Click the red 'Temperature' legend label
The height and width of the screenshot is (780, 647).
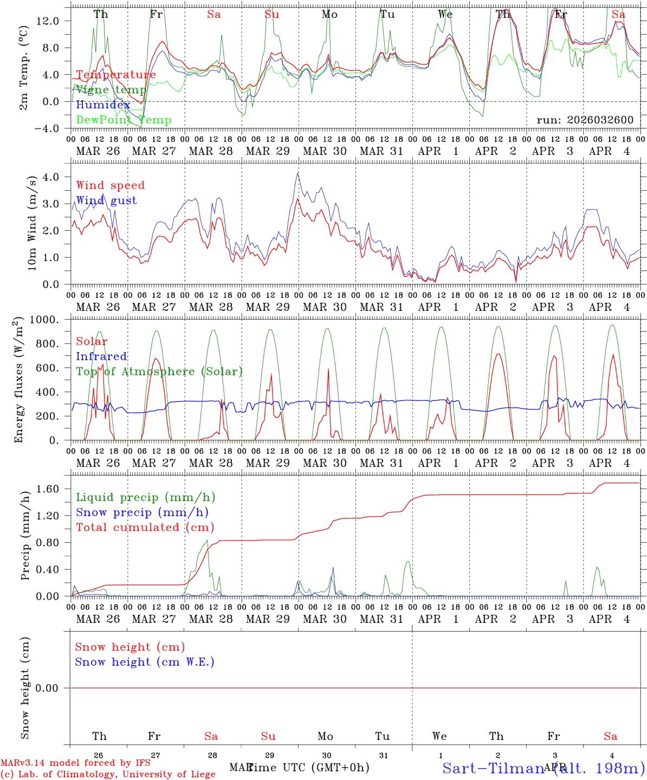pyautogui.click(x=116, y=75)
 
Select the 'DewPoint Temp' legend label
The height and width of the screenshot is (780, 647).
pyautogui.click(x=124, y=120)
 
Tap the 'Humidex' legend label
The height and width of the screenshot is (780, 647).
pyautogui.click(x=103, y=105)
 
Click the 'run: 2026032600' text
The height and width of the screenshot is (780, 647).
pyautogui.click(x=585, y=120)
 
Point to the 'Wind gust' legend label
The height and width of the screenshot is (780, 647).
pyautogui.click(x=106, y=200)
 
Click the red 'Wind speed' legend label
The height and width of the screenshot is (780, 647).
pyautogui.click(x=110, y=185)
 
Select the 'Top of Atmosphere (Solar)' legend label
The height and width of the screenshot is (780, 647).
pyautogui.click(x=159, y=372)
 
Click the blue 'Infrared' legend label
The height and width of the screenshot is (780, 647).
pyautogui.click(x=101, y=356)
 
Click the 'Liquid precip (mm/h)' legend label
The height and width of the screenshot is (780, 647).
pyautogui.click(x=145, y=497)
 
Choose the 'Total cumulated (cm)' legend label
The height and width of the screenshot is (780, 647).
pyautogui.click(x=145, y=527)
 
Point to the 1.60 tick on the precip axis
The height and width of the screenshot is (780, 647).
pyautogui.click(x=49, y=489)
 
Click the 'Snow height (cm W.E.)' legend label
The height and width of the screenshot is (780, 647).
pyautogui.click(x=144, y=662)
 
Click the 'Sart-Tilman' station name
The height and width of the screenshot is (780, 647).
pyautogui.click(x=493, y=768)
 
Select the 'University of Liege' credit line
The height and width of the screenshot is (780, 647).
pyautogui.click(x=108, y=774)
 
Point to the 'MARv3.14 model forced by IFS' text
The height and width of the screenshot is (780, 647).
pyautogui.click(x=75, y=763)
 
